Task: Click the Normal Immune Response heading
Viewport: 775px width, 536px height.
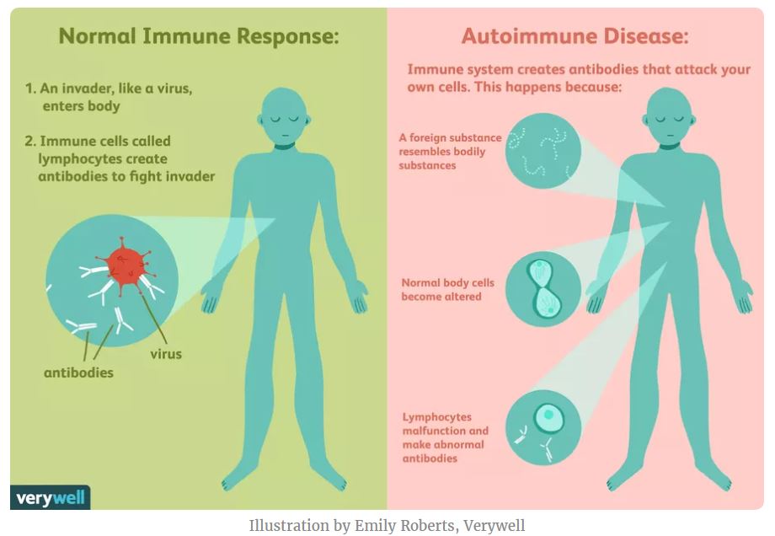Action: pyautogui.click(x=199, y=38)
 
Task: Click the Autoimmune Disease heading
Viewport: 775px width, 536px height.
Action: pyautogui.click(x=575, y=38)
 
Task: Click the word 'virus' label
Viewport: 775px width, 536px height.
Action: pyautogui.click(x=166, y=353)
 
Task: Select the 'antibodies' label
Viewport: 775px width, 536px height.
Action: pyautogui.click(x=78, y=372)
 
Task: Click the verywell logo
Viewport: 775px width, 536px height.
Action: pyautogui.click(x=50, y=497)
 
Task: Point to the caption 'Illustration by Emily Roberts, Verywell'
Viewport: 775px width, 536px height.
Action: pyautogui.click(x=387, y=526)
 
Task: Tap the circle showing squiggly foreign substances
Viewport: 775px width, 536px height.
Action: pyautogui.click(x=542, y=150)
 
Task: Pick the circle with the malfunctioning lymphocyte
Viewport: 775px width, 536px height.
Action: pyautogui.click(x=542, y=426)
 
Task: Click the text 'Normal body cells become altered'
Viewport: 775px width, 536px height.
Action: pyautogui.click(x=447, y=290)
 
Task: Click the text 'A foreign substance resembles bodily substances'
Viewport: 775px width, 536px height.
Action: pyautogui.click(x=450, y=152)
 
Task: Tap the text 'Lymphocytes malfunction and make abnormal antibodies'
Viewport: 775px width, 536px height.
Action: pyautogui.click(x=445, y=437)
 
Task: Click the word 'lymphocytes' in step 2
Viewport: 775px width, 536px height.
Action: pyautogui.click(x=78, y=159)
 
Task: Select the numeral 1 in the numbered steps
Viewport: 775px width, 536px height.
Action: pyautogui.click(x=28, y=88)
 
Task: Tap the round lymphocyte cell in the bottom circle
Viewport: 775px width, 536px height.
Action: pyautogui.click(x=549, y=415)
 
